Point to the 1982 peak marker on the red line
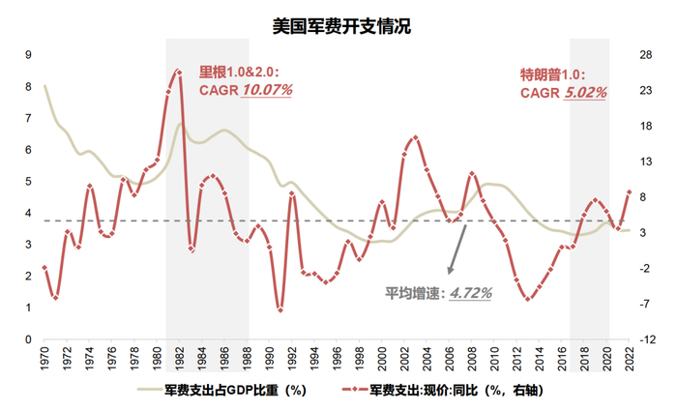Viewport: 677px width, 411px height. coord(178,72)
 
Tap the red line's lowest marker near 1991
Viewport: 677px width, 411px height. coord(280,309)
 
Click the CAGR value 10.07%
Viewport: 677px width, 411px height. coord(267,90)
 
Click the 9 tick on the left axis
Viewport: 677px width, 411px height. coord(27,54)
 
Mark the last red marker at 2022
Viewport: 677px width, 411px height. coord(630,191)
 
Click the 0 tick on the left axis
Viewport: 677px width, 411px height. coord(27,340)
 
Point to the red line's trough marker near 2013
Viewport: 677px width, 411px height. coord(528,299)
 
